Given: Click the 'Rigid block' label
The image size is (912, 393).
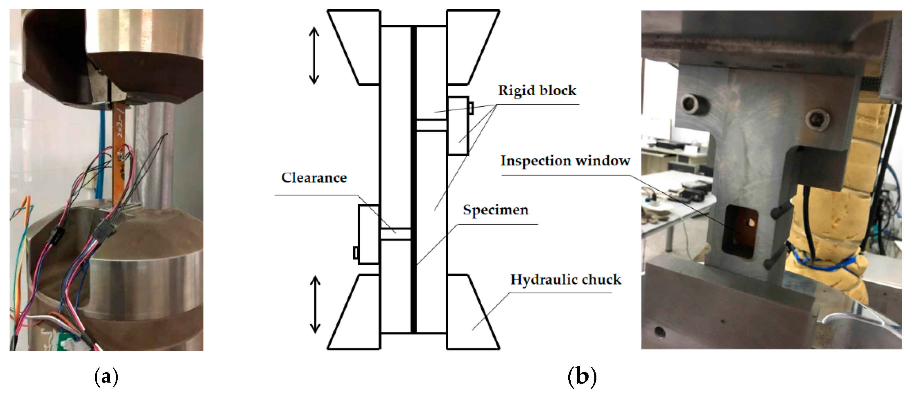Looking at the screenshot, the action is tap(537, 91).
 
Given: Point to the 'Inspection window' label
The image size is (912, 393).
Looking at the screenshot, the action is tap(565, 161).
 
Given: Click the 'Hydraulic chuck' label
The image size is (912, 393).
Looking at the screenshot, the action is tap(565, 280).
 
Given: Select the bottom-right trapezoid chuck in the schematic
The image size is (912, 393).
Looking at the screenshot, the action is tap(473, 312).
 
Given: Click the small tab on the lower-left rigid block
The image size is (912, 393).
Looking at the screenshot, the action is tap(356, 253).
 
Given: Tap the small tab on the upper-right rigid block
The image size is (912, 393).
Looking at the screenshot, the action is tap(471, 108).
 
